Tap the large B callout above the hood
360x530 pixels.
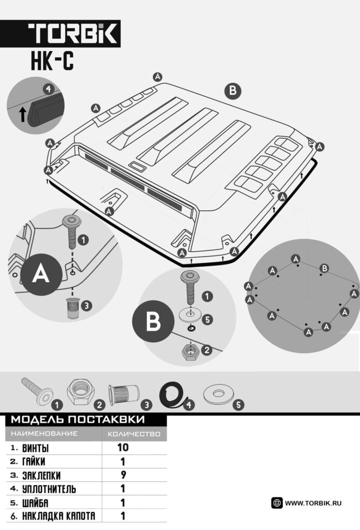pos(233,91)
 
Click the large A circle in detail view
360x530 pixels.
pos(41,274)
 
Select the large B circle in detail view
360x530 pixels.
pos(153,321)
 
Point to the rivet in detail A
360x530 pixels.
pos(73,308)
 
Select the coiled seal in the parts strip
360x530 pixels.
pos(173,395)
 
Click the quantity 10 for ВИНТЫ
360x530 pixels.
pos(123,448)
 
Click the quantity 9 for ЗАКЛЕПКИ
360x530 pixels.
pos(123,475)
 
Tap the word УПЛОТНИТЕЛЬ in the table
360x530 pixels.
pos(49,489)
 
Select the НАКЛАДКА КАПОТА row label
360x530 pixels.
pos(59,516)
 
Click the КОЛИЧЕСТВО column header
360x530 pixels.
pos(134,434)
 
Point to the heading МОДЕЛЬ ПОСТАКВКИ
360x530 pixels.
pos(78,419)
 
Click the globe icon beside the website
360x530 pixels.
pos(277,503)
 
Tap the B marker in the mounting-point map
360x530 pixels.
pos(324,269)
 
